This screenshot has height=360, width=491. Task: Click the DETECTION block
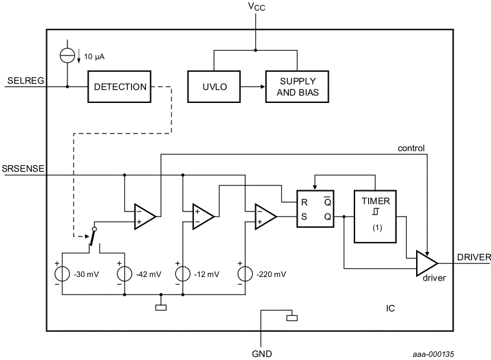coord(120,87)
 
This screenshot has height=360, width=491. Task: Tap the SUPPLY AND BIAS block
coord(297,87)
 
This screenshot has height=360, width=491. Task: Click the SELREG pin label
coord(24,80)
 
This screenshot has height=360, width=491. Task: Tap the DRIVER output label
coord(474,256)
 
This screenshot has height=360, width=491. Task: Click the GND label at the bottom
coord(261,353)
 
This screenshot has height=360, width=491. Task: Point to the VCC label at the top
coord(255,7)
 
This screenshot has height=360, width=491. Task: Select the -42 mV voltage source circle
coord(125,273)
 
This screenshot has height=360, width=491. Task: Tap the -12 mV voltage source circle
coord(183,273)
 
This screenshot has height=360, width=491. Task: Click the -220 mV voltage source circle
coord(244,273)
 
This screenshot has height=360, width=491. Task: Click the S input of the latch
coord(304,216)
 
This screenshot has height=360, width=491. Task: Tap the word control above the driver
coord(411,148)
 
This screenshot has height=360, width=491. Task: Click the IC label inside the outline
coord(390,308)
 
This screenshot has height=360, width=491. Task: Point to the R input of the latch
coord(304,202)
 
